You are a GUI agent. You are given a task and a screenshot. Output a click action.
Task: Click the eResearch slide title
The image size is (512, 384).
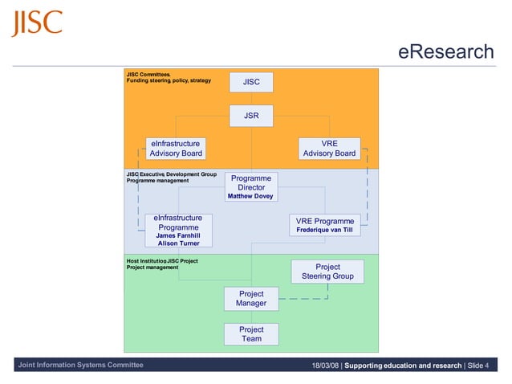click(x=446, y=53)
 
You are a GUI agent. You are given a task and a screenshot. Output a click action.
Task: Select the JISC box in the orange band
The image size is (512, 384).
click(x=251, y=82)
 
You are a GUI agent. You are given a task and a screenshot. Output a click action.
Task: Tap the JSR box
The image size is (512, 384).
click(x=251, y=116)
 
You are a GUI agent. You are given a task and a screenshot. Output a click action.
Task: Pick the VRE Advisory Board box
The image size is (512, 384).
click(x=329, y=149)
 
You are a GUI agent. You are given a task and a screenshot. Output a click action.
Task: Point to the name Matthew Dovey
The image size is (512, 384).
click(x=250, y=196)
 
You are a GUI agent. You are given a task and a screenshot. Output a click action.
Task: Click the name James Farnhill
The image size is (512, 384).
click(x=178, y=235)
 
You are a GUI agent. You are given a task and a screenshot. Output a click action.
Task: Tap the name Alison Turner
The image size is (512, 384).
click(x=178, y=243)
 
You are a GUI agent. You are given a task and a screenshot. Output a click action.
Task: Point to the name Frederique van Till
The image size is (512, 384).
click(x=324, y=230)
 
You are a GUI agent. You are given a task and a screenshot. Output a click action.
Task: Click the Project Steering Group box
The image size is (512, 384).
click(x=327, y=272)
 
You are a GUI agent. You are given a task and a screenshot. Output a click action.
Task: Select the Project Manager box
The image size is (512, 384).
click(x=251, y=299)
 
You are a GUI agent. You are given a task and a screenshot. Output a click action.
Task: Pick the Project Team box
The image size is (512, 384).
click(x=251, y=334)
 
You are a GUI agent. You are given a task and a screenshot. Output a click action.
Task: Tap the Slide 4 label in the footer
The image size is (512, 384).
click(x=478, y=366)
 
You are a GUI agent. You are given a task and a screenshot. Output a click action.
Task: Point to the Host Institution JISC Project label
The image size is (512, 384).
click(x=162, y=261)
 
